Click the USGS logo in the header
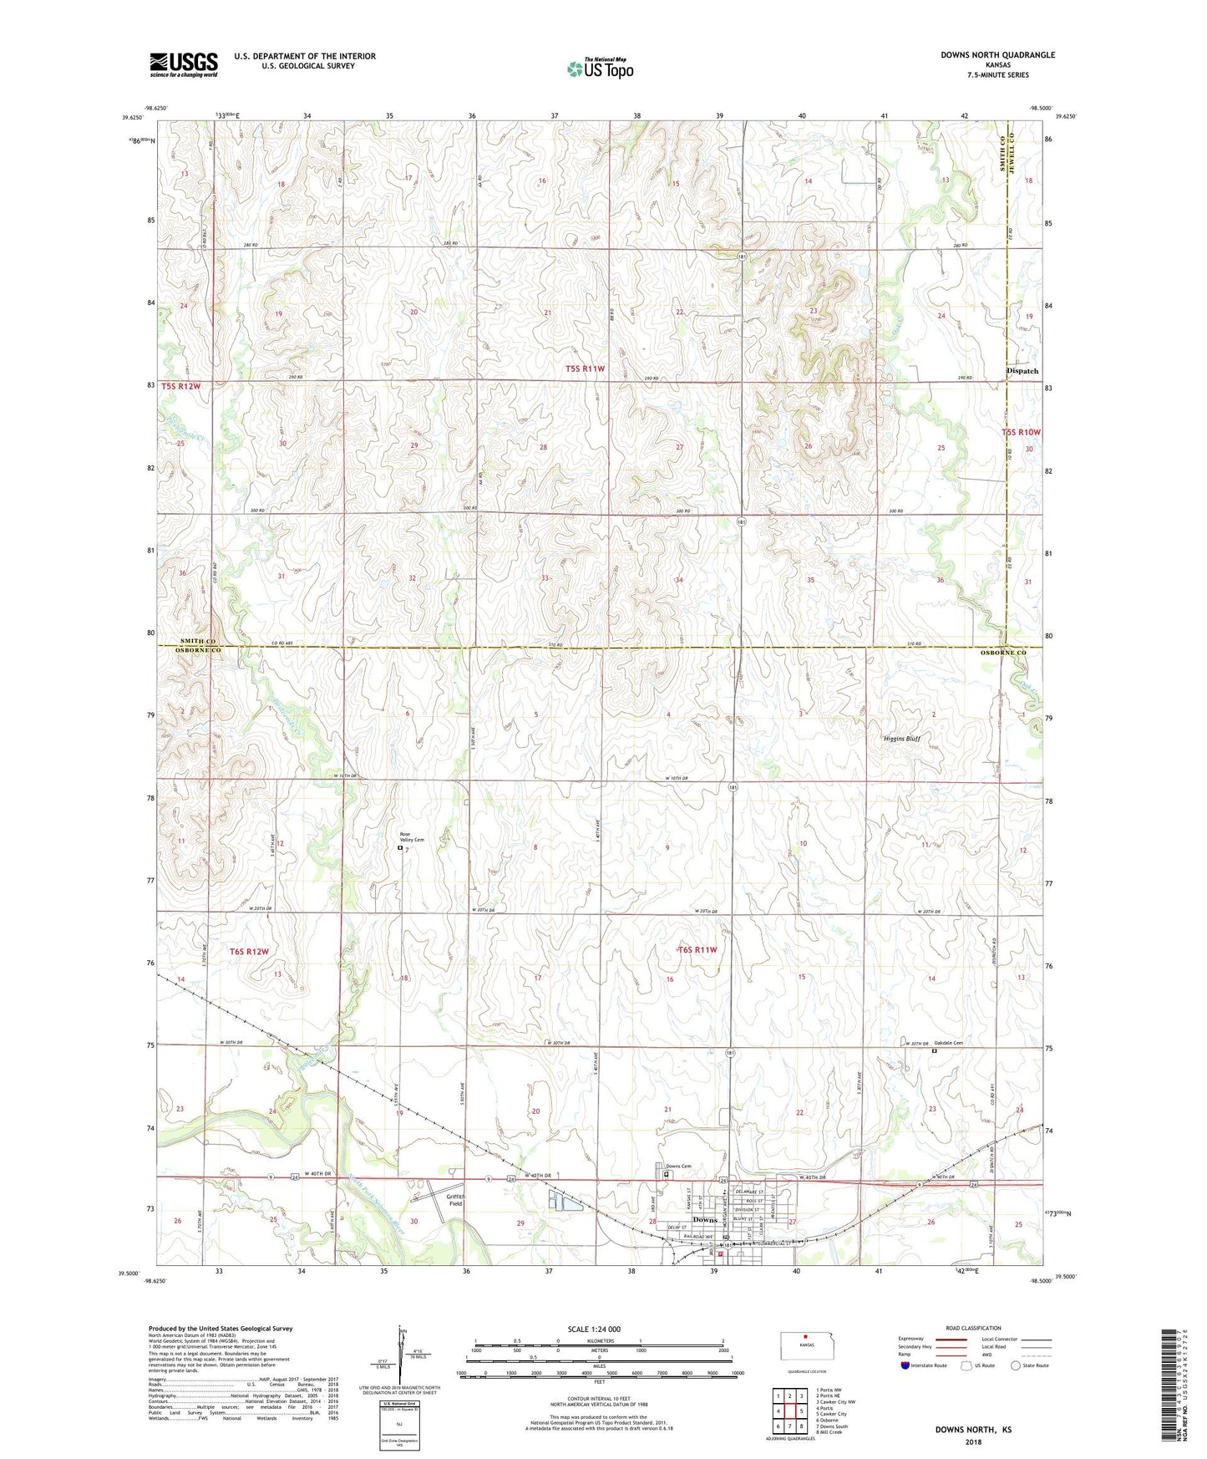coord(183,64)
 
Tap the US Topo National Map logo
coord(599,68)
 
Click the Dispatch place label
coord(1022,371)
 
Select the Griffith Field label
coord(455,1200)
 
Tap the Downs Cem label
coord(678,1166)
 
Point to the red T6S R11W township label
coord(697,949)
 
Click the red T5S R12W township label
coord(181,386)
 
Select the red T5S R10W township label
coord(1022,432)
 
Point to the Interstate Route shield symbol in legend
coord(905,1366)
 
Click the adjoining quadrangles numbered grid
coord(789,1412)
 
